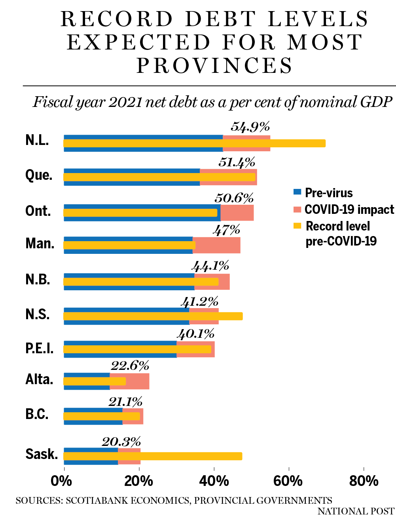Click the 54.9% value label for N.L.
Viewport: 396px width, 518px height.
[x=250, y=127]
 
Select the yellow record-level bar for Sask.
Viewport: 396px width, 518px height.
[x=153, y=456]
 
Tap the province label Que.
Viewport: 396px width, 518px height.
[x=39, y=175]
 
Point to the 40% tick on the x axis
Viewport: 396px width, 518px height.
[x=214, y=481]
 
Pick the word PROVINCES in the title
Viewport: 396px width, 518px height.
[x=214, y=66]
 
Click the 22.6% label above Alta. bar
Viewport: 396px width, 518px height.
[x=130, y=366]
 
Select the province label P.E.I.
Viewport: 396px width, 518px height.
[x=39, y=349]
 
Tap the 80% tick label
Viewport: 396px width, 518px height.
[x=364, y=481]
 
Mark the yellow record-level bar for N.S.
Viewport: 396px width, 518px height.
[x=153, y=316]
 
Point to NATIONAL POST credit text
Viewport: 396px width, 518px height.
[x=356, y=511]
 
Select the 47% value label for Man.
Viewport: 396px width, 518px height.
[x=226, y=230]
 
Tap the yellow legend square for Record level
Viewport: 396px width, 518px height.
[x=297, y=226]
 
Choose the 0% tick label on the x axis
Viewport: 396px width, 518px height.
[x=62, y=481]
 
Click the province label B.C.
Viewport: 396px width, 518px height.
[x=37, y=414]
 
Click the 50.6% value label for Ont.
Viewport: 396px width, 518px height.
[x=234, y=198]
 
